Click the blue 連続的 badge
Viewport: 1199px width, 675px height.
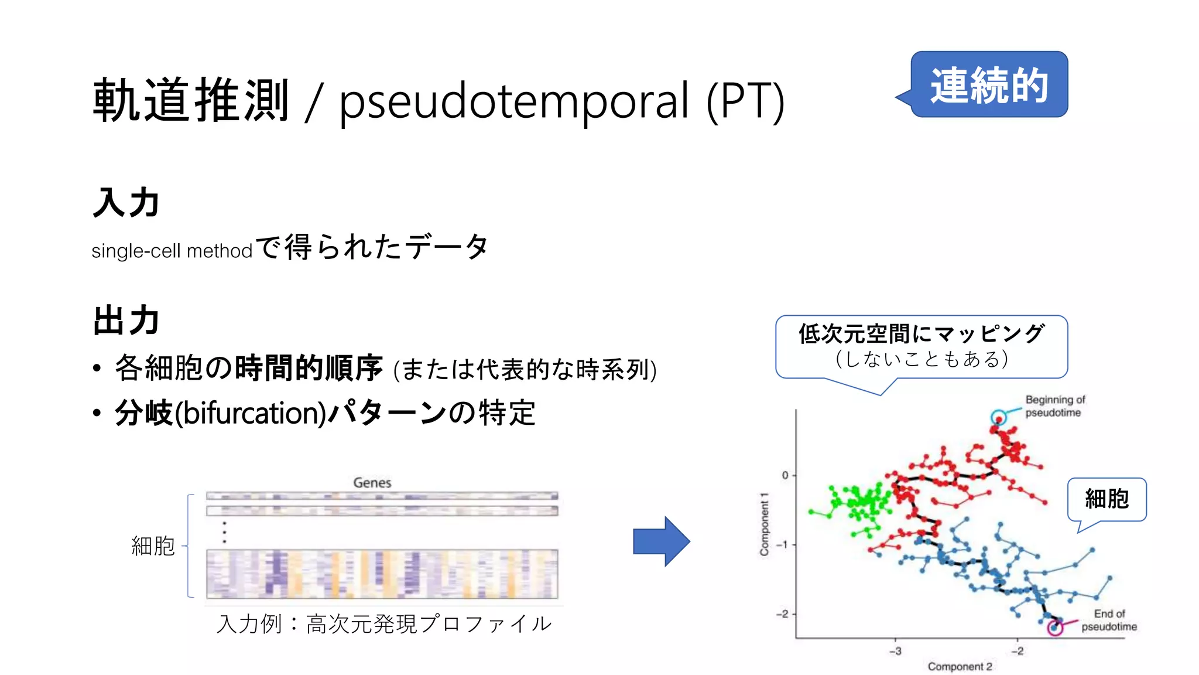tap(989, 85)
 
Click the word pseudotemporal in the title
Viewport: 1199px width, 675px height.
tap(514, 101)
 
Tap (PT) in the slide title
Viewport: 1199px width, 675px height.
tap(745, 101)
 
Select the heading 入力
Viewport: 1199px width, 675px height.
tap(126, 203)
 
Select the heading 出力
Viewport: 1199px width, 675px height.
tap(126, 321)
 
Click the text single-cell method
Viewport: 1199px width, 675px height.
tap(172, 251)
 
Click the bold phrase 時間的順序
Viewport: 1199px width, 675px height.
tap(309, 368)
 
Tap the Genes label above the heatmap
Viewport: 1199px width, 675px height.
tap(372, 483)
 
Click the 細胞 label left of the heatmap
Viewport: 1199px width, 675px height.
tap(153, 546)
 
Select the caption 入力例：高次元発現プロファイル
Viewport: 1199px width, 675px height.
tap(384, 624)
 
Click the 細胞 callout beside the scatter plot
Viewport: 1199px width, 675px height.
tap(1106, 499)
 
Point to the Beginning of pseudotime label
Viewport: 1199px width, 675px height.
tap(1054, 406)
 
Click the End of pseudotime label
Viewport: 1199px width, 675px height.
tap(1109, 620)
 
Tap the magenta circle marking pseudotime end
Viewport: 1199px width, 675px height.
tap(1055, 628)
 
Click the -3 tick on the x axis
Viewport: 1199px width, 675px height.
tap(895, 651)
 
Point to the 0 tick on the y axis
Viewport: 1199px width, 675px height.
tap(785, 475)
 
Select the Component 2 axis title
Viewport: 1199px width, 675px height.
tap(960, 666)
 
